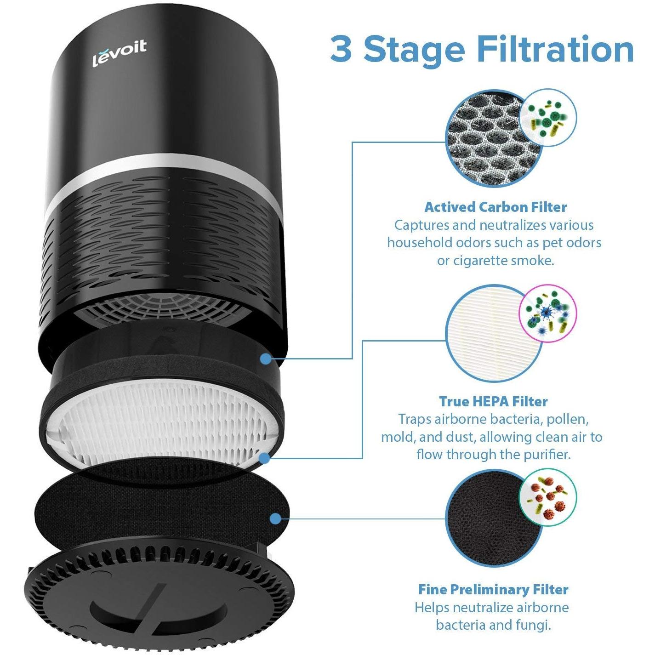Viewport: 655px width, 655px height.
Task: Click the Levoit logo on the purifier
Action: tap(120, 54)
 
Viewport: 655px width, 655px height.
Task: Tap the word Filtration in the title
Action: tap(555, 50)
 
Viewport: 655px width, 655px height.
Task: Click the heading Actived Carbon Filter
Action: tap(496, 207)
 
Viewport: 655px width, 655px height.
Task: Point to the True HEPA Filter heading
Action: tap(494, 401)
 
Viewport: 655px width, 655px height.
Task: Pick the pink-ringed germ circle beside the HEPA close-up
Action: tap(547, 314)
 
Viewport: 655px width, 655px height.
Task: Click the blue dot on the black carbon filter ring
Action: tap(266, 359)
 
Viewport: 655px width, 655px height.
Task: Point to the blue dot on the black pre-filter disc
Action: tap(276, 518)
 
